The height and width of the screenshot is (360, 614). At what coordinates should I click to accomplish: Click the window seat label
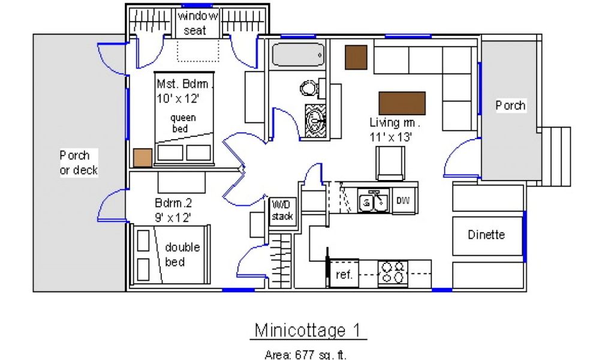(x=197, y=23)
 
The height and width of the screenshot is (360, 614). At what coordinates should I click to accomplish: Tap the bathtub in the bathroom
(x=299, y=55)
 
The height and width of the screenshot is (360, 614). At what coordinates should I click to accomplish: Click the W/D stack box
(x=282, y=211)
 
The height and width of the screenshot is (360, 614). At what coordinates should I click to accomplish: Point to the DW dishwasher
(x=403, y=200)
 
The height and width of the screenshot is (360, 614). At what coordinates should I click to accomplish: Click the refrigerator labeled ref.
(x=344, y=274)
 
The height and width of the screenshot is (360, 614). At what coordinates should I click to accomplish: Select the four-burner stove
(x=393, y=273)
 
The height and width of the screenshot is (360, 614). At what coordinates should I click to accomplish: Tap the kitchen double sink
(x=373, y=201)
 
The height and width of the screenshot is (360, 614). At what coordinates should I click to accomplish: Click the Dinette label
(x=486, y=235)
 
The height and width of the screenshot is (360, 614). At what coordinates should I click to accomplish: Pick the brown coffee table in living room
(x=402, y=103)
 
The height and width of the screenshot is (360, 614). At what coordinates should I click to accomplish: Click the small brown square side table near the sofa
(x=356, y=57)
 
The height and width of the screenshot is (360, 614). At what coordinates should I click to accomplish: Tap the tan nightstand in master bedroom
(x=143, y=158)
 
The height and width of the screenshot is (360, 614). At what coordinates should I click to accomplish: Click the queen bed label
(x=183, y=123)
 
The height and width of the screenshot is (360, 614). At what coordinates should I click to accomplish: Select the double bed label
(x=182, y=254)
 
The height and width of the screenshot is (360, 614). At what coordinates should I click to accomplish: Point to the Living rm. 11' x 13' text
(x=395, y=130)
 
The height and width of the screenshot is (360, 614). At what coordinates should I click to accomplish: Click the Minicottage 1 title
(x=308, y=330)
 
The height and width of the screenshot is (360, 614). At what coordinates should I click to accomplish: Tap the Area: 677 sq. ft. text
(x=305, y=355)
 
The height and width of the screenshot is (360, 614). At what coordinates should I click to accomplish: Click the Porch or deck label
(x=79, y=163)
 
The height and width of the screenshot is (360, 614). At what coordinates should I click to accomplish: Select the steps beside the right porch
(x=556, y=157)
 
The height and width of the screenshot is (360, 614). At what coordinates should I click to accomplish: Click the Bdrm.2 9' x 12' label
(x=173, y=211)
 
